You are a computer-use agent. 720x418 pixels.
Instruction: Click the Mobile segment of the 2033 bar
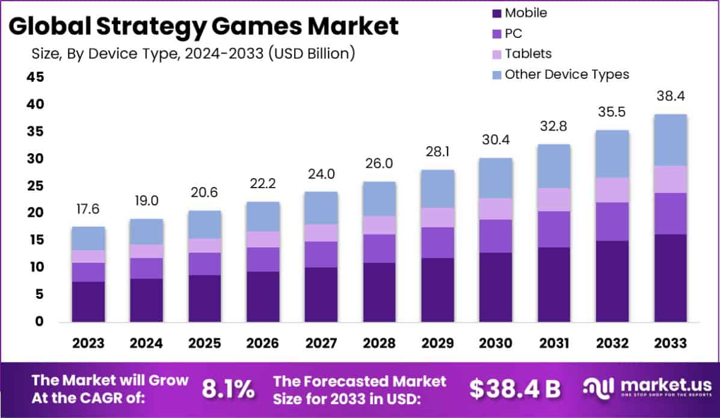(671, 278)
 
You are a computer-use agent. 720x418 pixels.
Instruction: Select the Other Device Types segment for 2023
(88, 238)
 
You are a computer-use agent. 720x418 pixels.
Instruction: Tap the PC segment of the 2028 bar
(379, 248)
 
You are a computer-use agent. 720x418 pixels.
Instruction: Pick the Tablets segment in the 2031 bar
(554, 200)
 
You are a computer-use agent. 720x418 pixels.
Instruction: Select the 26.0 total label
(379, 164)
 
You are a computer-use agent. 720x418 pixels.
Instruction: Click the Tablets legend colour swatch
(496, 54)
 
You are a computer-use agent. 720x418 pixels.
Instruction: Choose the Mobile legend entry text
(526, 13)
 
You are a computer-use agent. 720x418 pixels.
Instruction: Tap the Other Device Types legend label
(567, 75)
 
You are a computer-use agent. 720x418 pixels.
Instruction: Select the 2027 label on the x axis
(321, 343)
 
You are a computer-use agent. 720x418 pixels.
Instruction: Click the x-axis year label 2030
(496, 343)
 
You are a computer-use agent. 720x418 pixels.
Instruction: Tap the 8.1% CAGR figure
(228, 389)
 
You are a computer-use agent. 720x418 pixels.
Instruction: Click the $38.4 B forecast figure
(515, 389)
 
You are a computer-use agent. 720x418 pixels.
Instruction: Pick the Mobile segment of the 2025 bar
(205, 298)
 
